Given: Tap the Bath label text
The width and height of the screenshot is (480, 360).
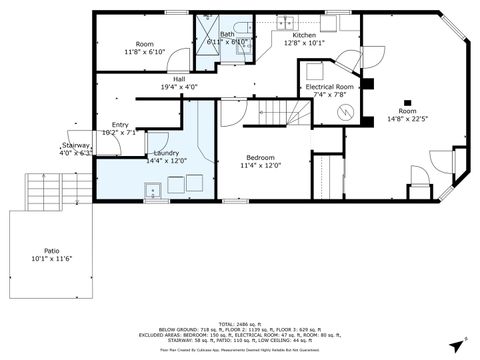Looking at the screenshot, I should click(228, 34).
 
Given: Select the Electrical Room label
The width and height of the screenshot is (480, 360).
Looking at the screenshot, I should click(330, 87).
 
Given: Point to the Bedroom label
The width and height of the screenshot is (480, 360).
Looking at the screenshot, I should click(261, 158).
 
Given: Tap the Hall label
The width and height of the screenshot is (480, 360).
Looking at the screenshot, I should click(178, 79).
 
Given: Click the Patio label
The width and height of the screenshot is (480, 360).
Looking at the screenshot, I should click(51, 252).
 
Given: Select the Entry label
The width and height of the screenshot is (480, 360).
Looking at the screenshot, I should click(114, 125).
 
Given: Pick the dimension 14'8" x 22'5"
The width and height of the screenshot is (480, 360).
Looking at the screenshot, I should click(408, 120).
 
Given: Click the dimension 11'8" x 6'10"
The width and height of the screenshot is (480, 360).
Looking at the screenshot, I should click(145, 52).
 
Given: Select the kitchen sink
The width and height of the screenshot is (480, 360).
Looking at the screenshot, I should click(284, 20).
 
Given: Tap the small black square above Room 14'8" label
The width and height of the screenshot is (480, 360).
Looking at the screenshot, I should click(407, 101).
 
